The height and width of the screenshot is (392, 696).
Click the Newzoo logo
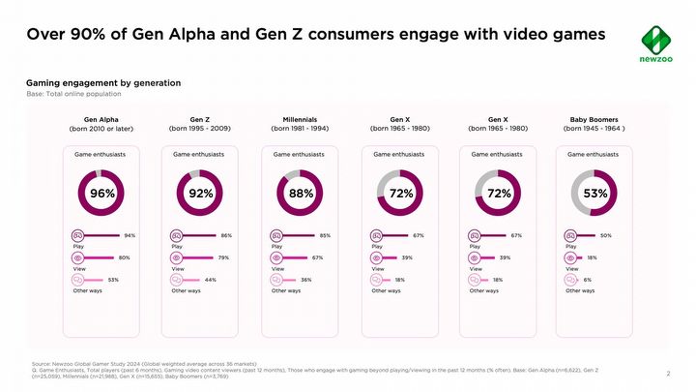tap(656, 43)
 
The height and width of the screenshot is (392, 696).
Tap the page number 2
tap(669, 373)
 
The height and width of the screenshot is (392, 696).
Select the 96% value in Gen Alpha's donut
tap(102, 194)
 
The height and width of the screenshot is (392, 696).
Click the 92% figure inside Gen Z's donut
tap(201, 194)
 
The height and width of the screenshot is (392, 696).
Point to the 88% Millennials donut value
tap(301, 194)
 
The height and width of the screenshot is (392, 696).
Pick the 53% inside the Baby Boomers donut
tap(595, 194)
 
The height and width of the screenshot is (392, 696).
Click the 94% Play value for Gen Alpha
tap(130, 235)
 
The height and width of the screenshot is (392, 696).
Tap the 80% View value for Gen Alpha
tap(125, 257)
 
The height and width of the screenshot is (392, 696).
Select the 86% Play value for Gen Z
tap(226, 235)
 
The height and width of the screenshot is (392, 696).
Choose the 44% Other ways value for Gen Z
tap(210, 280)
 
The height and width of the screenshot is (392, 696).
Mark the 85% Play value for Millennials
tap(325, 235)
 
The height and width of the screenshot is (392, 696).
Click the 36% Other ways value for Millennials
tap(305, 280)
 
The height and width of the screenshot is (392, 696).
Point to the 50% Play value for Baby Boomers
tap(606, 235)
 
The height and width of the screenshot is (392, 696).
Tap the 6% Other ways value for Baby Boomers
tap(588, 280)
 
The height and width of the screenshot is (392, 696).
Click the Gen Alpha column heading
tap(101, 118)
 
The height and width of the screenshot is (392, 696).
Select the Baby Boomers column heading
tap(594, 118)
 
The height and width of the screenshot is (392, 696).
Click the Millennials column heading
tap(300, 118)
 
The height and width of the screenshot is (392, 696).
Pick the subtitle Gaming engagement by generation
tap(103, 83)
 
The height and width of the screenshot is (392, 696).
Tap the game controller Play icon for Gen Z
tap(177, 235)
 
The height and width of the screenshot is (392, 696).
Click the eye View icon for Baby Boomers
tap(570, 257)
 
